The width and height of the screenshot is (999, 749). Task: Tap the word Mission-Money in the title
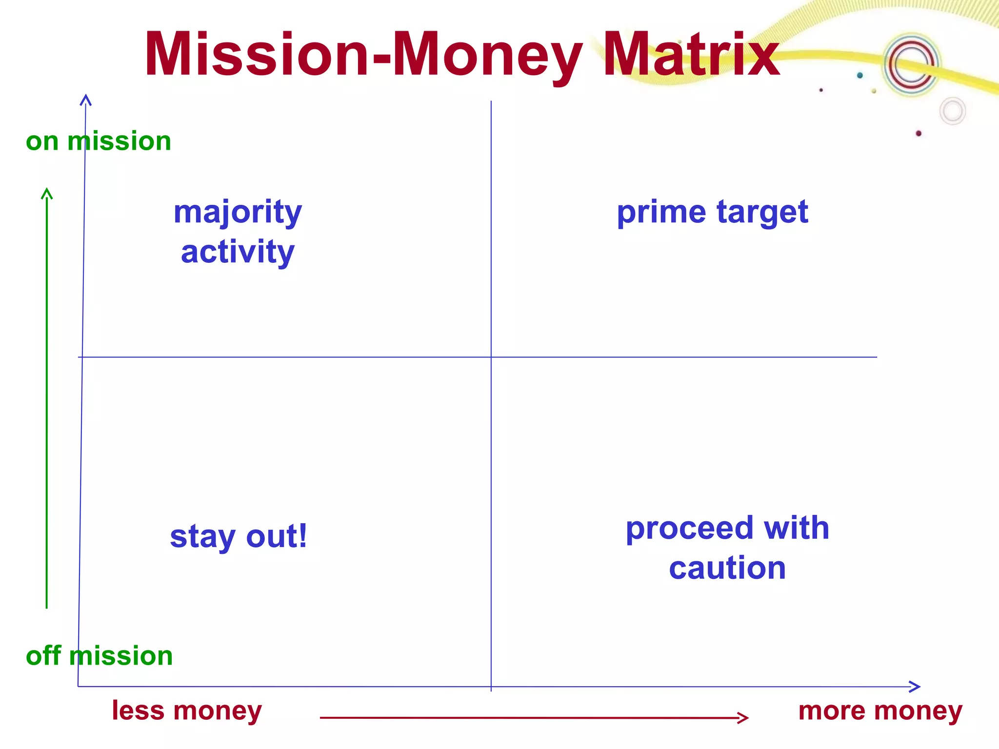(363, 55)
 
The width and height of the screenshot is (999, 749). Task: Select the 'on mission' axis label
(99, 141)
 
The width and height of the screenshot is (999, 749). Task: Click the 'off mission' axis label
(100, 656)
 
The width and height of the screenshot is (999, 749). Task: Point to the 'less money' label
(187, 710)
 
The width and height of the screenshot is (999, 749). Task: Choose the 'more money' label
(880, 710)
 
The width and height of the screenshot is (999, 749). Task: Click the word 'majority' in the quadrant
(238, 213)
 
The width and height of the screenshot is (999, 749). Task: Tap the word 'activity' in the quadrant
(238, 252)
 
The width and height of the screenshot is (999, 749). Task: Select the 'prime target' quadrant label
(712, 213)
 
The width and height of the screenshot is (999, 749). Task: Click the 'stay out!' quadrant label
(239, 536)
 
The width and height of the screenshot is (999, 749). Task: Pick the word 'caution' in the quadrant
(727, 568)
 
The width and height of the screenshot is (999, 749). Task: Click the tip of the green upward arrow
(47, 190)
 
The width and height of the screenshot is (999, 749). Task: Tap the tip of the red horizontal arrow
(747, 717)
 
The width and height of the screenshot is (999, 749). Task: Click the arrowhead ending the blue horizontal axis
(919, 687)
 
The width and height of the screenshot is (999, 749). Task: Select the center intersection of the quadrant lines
(491, 357)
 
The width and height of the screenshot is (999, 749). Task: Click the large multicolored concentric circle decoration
(911, 64)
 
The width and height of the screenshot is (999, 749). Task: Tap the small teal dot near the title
(860, 75)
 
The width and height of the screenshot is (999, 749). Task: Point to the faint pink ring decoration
(953, 111)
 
